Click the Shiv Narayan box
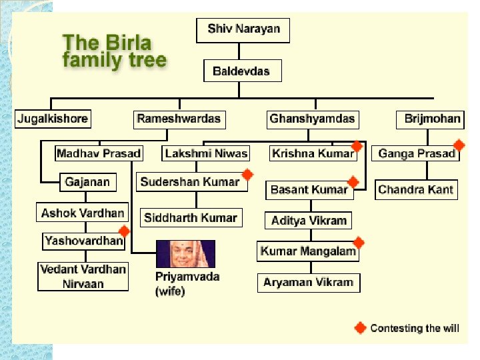click(x=243, y=29)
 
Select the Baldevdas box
click(x=241, y=71)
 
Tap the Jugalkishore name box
click(x=52, y=120)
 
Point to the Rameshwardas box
click(x=178, y=120)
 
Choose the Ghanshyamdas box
click(x=312, y=120)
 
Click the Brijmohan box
click(x=432, y=120)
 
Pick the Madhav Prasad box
click(x=99, y=154)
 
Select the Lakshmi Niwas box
click(x=206, y=154)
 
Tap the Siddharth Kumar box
click(x=190, y=218)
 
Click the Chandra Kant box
click(x=415, y=190)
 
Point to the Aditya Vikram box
click(x=309, y=221)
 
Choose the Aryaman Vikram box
click(x=308, y=283)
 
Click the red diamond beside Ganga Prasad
click(x=459, y=145)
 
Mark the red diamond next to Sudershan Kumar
click(x=247, y=175)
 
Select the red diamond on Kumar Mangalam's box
click(x=358, y=243)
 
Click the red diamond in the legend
click(x=360, y=328)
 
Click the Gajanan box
click(x=87, y=182)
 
